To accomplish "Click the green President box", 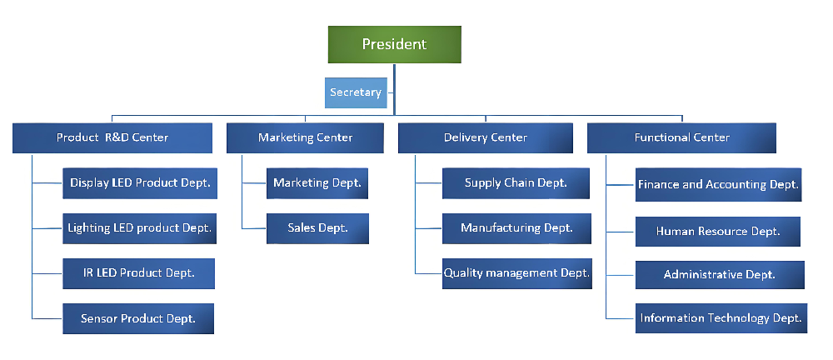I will point(394,45).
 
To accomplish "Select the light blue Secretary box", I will point(355,92).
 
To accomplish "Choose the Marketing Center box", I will point(305,137).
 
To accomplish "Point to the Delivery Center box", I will point(485,137).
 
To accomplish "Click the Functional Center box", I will point(681,137).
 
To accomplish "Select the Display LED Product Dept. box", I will point(139,182).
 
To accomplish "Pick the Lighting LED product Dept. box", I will point(139,227).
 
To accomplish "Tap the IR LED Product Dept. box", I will point(139,273).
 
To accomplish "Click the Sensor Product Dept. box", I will point(138,318).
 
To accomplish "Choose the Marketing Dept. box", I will point(317,182).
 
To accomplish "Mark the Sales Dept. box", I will point(317,227).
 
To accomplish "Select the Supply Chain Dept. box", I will point(516,182).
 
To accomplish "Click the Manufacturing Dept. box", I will point(516,227).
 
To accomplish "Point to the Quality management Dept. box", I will point(516,273).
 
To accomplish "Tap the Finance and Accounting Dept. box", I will point(718,184).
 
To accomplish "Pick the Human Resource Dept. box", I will point(718,231).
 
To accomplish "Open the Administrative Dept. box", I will point(720,274).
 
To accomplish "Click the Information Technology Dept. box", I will point(721,317).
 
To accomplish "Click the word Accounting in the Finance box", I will point(736,184).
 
